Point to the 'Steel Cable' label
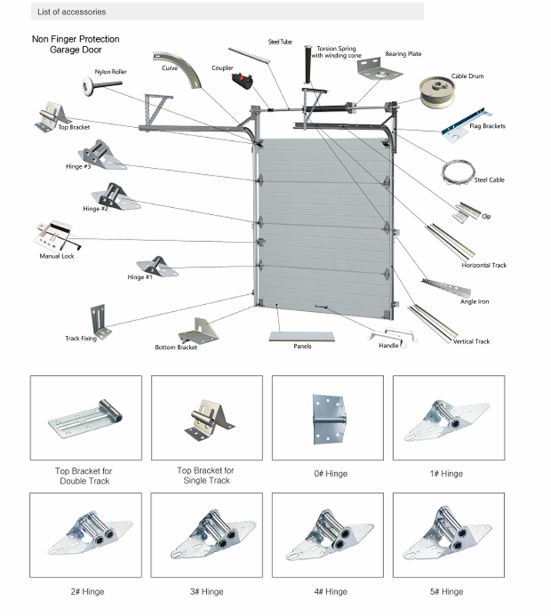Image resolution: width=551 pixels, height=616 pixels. coord(489,180)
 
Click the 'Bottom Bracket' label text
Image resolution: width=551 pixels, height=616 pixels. coord(175,347)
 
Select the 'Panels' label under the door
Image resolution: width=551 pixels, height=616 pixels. coord(302,346)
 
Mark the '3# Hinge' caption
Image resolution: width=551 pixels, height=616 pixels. coord(207,591)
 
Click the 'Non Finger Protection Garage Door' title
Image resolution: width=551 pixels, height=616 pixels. coord(75,44)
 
